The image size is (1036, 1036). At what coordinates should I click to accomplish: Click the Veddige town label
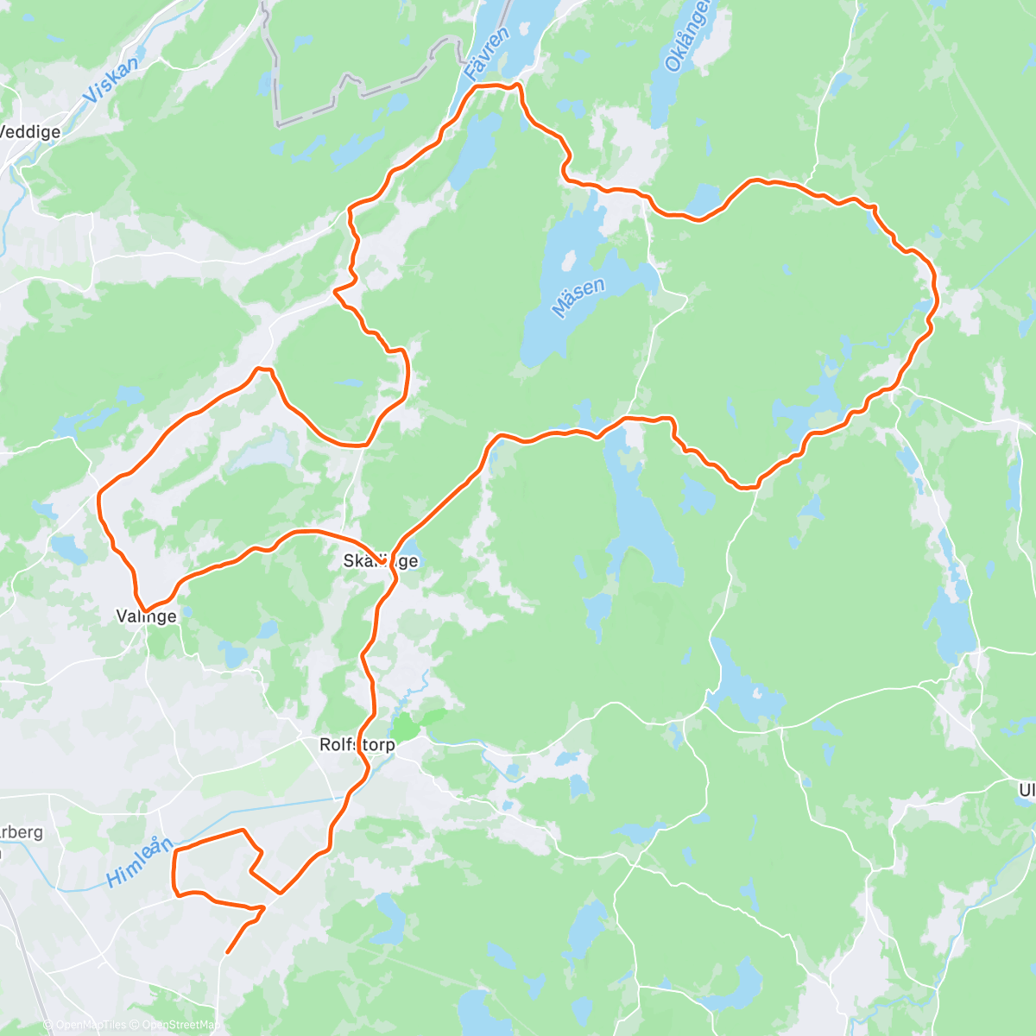click(x=31, y=132)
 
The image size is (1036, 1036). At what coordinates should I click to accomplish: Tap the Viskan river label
click(x=112, y=81)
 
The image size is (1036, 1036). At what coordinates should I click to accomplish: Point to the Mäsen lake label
click(x=578, y=298)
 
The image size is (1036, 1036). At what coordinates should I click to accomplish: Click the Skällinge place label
click(x=381, y=561)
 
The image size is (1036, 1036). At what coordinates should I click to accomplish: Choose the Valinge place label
click(x=147, y=616)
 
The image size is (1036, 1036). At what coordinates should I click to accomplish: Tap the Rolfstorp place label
click(x=357, y=744)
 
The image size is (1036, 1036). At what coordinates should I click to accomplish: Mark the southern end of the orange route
click(x=227, y=952)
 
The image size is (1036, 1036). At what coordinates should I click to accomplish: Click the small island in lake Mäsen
click(x=568, y=260)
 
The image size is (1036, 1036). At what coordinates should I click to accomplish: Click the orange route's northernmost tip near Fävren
click(x=516, y=85)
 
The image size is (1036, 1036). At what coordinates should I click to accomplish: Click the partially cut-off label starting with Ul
click(x=1027, y=790)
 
